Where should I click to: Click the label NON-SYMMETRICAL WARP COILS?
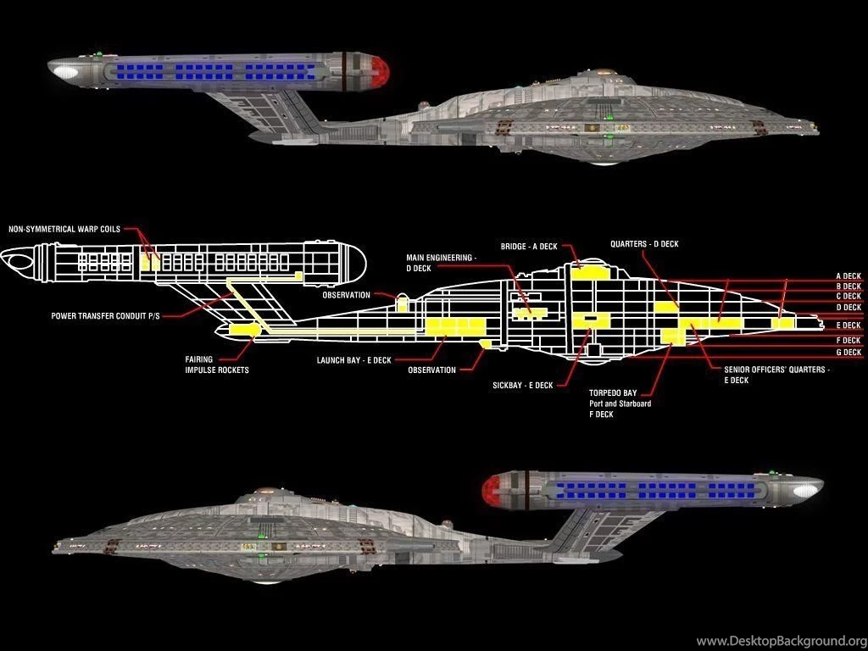(64, 229)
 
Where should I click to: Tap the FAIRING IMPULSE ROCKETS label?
(217, 364)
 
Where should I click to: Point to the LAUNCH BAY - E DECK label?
(353, 360)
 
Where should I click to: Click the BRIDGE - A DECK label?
(529, 246)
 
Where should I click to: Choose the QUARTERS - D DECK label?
(644, 244)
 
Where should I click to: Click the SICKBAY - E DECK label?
(522, 385)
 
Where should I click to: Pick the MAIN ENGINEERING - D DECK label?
(441, 262)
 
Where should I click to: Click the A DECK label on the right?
(848, 275)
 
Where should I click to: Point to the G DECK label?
(848, 352)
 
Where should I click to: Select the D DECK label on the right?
(848, 308)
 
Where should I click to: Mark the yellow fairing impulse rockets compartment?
(244, 329)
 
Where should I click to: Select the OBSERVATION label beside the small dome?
(346, 295)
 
